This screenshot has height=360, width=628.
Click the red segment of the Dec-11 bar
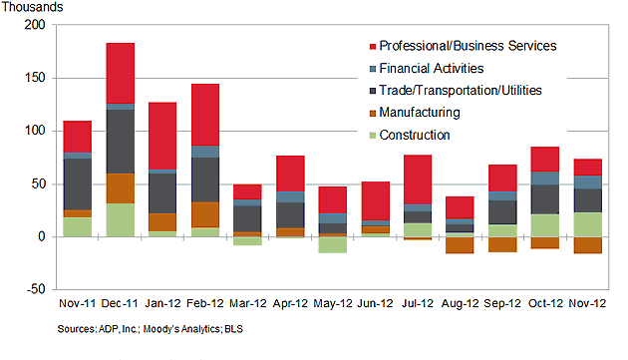121,73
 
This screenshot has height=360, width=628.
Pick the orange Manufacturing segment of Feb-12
205,214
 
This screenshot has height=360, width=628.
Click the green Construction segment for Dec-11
121,219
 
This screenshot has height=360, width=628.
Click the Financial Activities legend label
431,69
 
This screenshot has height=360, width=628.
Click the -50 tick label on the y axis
32,290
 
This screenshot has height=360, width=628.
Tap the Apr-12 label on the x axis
290,303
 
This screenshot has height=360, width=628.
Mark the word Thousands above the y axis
32,7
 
